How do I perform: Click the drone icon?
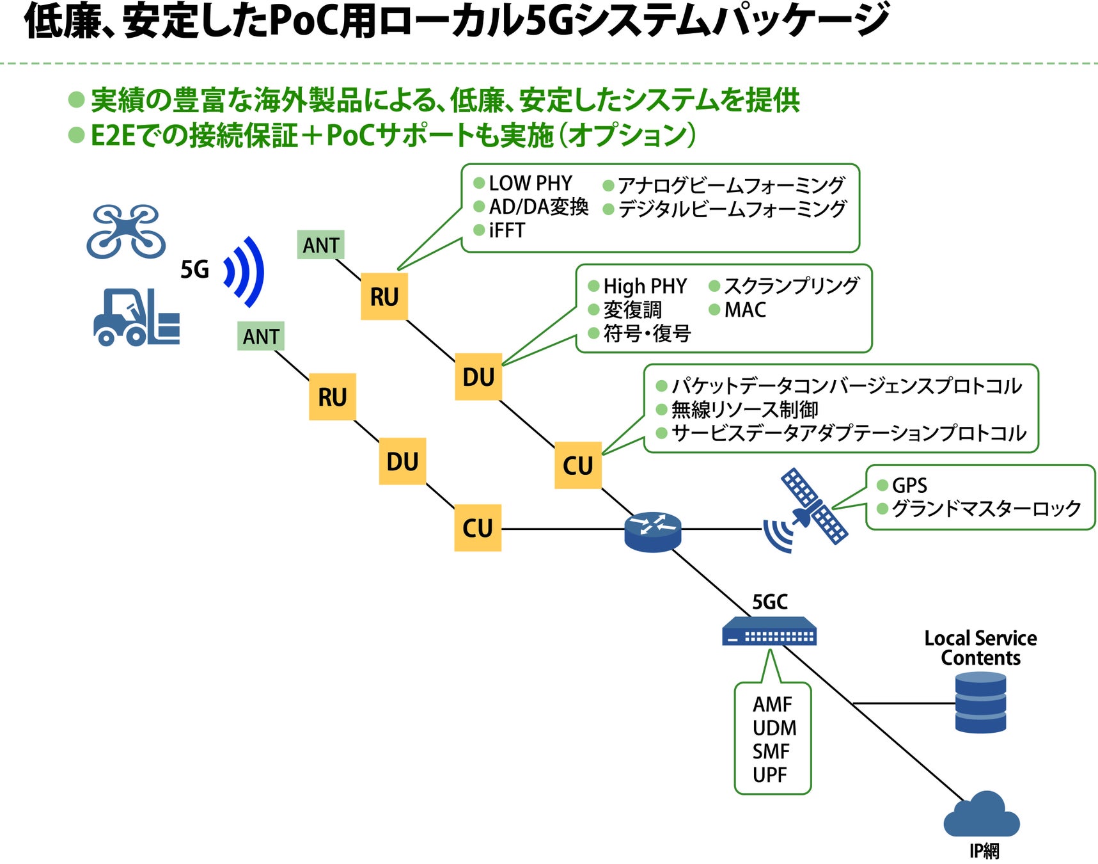point(126,231)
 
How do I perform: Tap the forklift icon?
point(136,317)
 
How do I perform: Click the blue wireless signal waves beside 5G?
point(245,271)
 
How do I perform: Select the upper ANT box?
point(320,245)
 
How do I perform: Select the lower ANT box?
point(260,336)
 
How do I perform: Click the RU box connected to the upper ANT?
point(384,296)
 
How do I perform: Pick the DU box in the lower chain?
point(402,461)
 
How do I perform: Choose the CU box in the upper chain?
point(577,465)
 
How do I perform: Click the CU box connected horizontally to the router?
point(477,528)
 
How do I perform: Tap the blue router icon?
point(652,531)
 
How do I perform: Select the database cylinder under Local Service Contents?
point(980,703)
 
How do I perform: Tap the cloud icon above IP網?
point(982,815)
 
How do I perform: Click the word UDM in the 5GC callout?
point(774,728)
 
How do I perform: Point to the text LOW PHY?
point(530,184)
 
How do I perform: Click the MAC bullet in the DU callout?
point(744,310)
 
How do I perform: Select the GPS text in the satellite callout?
point(909,485)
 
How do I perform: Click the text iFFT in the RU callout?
point(506,230)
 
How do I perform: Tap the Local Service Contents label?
point(980,648)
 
